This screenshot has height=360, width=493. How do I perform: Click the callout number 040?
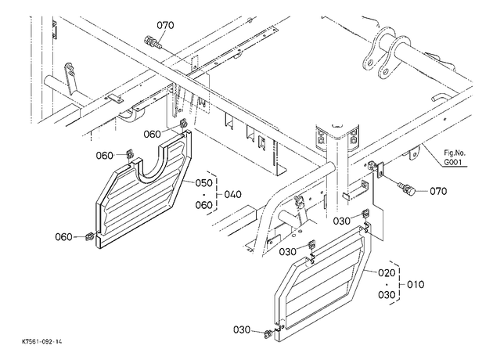233,194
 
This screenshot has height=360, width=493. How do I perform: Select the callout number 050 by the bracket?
204,183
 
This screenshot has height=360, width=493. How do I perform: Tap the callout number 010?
416,285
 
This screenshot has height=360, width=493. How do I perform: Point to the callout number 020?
387,273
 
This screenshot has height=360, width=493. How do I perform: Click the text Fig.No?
455,153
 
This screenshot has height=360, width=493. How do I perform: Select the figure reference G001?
454,162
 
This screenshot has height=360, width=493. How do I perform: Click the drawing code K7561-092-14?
42,341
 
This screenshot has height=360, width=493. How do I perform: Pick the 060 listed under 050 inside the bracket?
204,205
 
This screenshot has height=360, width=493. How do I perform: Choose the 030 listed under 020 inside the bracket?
387,295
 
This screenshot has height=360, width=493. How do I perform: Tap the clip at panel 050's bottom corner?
90,236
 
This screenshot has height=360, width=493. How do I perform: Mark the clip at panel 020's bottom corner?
269,333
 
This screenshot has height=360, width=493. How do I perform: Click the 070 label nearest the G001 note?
438,191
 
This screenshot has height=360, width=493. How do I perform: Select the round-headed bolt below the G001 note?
408,189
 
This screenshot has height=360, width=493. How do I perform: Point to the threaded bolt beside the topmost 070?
153,42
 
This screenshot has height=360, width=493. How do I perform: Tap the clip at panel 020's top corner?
365,214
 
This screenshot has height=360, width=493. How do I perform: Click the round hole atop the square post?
338,126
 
